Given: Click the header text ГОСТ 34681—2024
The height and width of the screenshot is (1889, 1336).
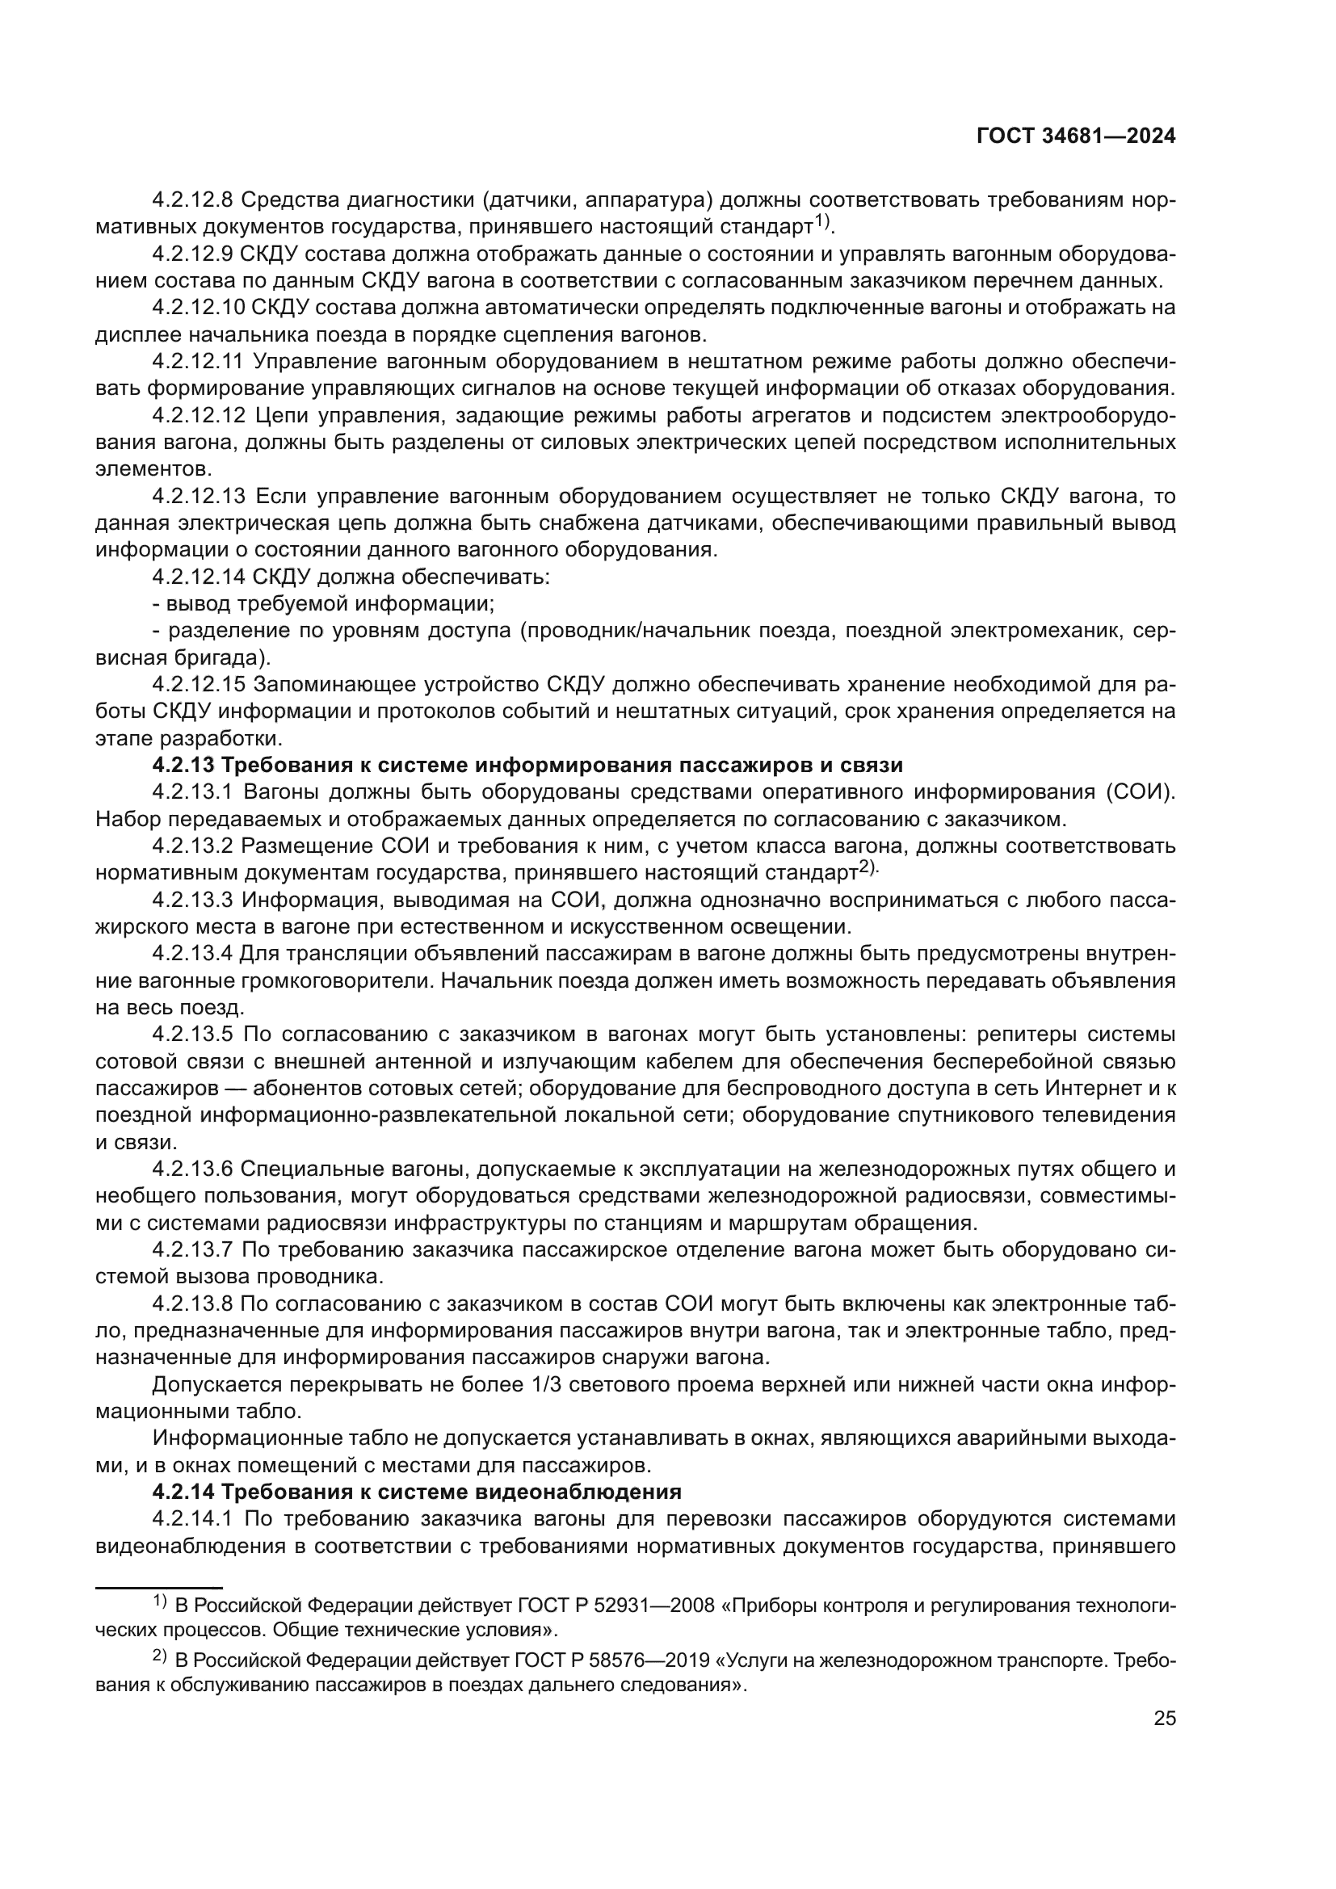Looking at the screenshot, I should pos(1075,136).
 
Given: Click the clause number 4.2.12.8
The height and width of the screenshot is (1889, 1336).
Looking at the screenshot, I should pos(193,200).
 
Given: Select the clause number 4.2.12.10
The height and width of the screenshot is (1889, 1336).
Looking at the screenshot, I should pos(198,308).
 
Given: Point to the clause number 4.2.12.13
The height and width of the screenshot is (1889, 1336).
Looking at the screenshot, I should pos(199,496).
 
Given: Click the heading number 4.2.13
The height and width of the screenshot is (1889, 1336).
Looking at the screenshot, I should pos(183,765).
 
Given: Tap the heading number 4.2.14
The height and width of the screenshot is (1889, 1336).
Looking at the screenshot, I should pos(183,1492).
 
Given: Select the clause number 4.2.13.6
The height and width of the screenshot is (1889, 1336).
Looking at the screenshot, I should pos(193,1169).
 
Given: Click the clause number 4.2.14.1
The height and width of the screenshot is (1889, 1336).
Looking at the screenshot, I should pos(193,1518).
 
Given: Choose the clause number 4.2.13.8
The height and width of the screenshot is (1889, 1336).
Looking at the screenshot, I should pos(193,1304).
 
